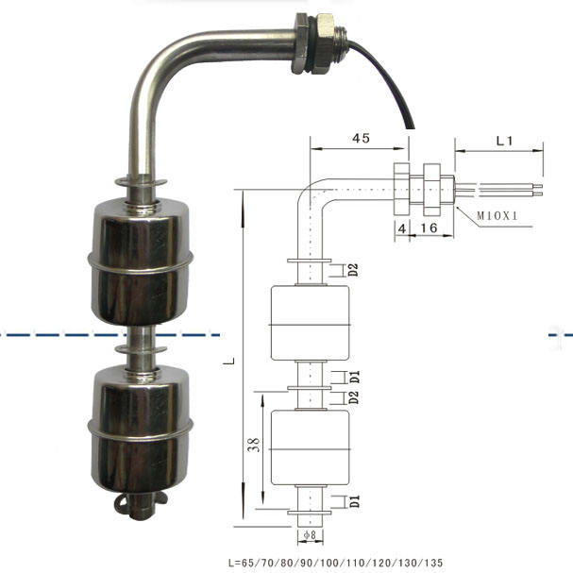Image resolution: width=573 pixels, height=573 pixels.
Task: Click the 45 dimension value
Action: [x=361, y=138]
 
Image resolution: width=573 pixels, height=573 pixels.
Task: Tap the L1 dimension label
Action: [x=504, y=141]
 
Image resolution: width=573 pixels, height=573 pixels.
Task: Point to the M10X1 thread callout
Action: [x=497, y=216]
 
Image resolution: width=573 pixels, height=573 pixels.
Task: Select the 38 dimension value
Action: [x=254, y=445]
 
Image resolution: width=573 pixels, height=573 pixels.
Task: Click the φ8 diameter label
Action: [x=310, y=535]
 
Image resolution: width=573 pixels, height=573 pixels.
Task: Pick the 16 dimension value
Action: [x=429, y=228]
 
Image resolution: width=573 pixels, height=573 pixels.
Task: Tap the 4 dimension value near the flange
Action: [x=402, y=228]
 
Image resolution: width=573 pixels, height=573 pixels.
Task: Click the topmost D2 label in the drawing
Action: [x=353, y=270]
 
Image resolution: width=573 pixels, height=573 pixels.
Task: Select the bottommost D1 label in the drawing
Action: [x=354, y=502]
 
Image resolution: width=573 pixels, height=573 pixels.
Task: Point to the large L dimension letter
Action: [x=229, y=362]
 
